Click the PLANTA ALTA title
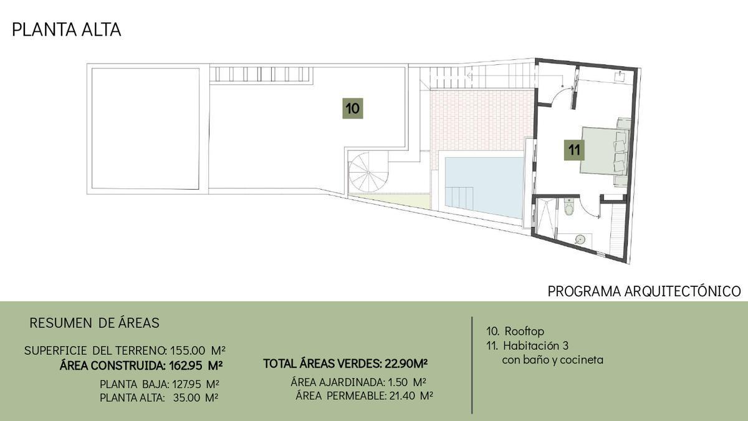click(x=67, y=30)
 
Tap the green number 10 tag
click(x=353, y=109)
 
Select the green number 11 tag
click(x=574, y=150)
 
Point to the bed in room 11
click(x=605, y=150)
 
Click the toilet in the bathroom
click(x=568, y=207)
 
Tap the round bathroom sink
click(x=580, y=240)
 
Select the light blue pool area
click(x=484, y=187)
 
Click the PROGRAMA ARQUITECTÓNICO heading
click(x=644, y=291)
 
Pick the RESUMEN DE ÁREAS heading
click(x=95, y=323)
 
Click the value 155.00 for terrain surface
click(x=188, y=351)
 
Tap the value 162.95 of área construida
click(x=186, y=365)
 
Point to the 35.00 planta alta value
click(x=186, y=398)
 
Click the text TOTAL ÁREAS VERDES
click(x=322, y=364)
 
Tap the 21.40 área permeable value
click(x=403, y=396)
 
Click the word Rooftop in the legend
click(x=524, y=331)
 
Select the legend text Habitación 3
click(x=535, y=345)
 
